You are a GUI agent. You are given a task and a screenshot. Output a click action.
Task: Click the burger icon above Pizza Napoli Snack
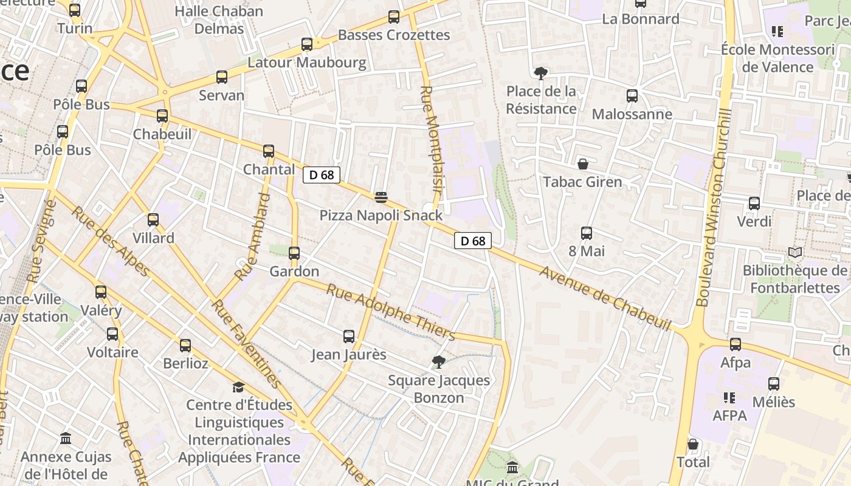click(x=381, y=197)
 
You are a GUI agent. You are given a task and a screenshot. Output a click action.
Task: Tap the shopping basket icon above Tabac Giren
click(x=583, y=164)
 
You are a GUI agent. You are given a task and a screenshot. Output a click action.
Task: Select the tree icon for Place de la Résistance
click(x=540, y=74)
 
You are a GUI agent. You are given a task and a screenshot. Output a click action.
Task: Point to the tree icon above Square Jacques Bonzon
click(x=438, y=363)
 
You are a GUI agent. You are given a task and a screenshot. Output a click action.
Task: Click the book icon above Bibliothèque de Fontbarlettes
click(x=794, y=252)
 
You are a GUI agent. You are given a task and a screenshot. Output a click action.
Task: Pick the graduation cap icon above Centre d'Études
click(x=238, y=387)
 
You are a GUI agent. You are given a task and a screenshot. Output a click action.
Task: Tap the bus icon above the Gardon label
click(x=294, y=253)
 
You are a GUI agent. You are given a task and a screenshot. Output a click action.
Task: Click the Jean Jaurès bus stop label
click(x=349, y=354)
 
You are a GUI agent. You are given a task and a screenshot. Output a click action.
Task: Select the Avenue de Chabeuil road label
click(x=604, y=298)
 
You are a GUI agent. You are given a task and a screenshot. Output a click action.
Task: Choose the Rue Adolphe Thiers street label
click(x=390, y=312)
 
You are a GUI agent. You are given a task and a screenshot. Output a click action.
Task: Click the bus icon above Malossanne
click(x=632, y=95)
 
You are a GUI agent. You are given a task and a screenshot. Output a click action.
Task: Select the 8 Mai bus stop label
click(x=587, y=251)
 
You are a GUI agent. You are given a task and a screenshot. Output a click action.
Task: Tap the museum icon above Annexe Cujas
click(x=66, y=438)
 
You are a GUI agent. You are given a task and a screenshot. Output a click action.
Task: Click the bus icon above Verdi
click(x=754, y=204)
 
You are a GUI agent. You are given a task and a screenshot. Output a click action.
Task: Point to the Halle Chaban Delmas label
click(x=219, y=19)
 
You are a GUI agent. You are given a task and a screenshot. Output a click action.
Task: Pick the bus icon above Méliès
click(x=774, y=384)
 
